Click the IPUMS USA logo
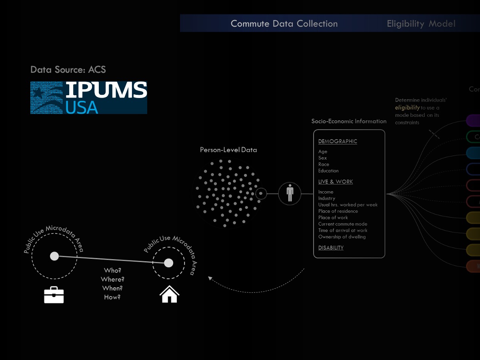click(89, 98)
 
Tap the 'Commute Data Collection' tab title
click(284, 24)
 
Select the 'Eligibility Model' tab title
click(421, 24)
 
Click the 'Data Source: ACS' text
click(68, 70)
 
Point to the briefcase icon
click(54, 295)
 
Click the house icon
click(169, 294)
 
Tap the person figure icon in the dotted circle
click(290, 194)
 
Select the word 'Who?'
click(112, 270)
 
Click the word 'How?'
click(112, 297)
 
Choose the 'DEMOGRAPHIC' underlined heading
click(338, 141)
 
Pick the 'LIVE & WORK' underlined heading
click(336, 182)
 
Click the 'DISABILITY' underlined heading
click(331, 248)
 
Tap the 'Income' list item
click(326, 192)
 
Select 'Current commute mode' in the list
click(343, 224)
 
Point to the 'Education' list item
click(328, 171)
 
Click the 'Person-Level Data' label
click(228, 150)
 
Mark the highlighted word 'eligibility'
click(407, 108)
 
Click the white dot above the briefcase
click(54, 256)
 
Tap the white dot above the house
click(169, 263)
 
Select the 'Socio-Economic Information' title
click(349, 121)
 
